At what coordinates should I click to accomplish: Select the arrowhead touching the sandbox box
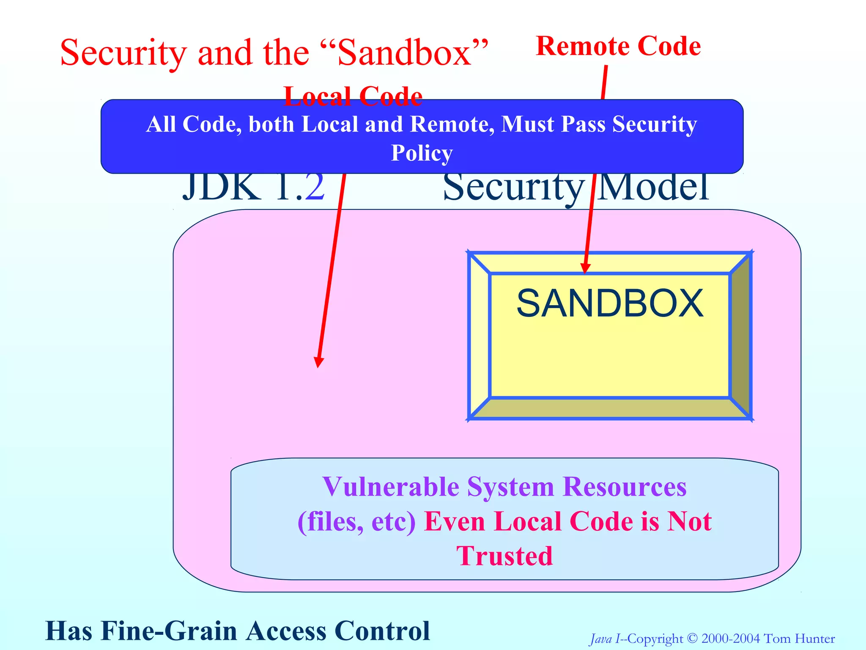click(x=585, y=269)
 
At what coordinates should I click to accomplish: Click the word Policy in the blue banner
click(x=422, y=153)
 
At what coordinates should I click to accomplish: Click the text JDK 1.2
click(x=254, y=187)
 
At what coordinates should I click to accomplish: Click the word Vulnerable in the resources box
click(x=391, y=487)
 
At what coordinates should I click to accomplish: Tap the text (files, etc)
click(x=357, y=521)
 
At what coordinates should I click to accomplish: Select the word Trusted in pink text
click(x=504, y=556)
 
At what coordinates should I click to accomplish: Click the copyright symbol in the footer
click(x=692, y=639)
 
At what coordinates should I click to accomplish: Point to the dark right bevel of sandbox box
click(x=741, y=335)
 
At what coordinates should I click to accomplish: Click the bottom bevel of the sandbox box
click(x=609, y=409)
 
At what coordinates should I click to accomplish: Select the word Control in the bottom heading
click(x=382, y=631)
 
